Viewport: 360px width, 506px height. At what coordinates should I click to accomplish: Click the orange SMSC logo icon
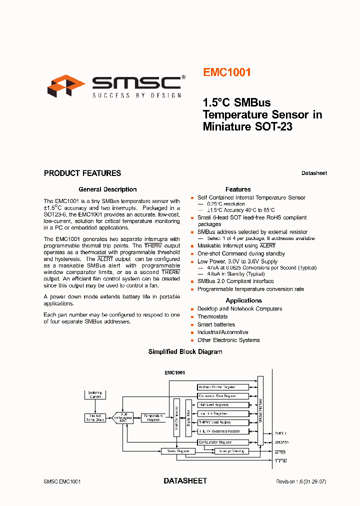(x=66, y=85)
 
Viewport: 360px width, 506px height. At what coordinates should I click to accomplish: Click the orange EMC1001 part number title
(x=226, y=72)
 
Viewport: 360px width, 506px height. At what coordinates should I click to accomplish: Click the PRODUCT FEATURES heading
(x=82, y=173)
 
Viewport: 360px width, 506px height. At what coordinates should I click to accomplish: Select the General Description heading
(x=107, y=189)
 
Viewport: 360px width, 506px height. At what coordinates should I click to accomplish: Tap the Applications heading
(x=243, y=300)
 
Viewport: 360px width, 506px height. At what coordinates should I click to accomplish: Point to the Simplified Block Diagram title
(x=185, y=352)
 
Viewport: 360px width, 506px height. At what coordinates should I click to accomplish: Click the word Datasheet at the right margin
(x=314, y=173)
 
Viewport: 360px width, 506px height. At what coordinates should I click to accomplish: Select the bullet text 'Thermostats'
(x=212, y=316)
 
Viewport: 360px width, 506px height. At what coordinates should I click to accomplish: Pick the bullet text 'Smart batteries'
(x=216, y=324)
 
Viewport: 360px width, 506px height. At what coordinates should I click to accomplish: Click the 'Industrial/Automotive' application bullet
(x=222, y=332)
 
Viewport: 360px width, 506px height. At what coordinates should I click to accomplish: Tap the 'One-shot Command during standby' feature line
(x=241, y=253)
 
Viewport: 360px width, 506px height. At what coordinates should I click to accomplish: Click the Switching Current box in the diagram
(x=95, y=395)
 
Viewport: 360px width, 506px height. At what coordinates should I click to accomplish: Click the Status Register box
(x=175, y=451)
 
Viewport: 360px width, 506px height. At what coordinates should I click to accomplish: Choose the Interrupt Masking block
(x=230, y=451)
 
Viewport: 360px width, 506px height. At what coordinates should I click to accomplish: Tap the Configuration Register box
(x=223, y=442)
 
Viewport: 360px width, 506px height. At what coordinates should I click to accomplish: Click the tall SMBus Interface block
(x=260, y=410)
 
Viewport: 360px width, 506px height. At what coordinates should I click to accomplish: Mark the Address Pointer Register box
(x=223, y=387)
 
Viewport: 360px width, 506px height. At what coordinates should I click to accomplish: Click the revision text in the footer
(x=301, y=481)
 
